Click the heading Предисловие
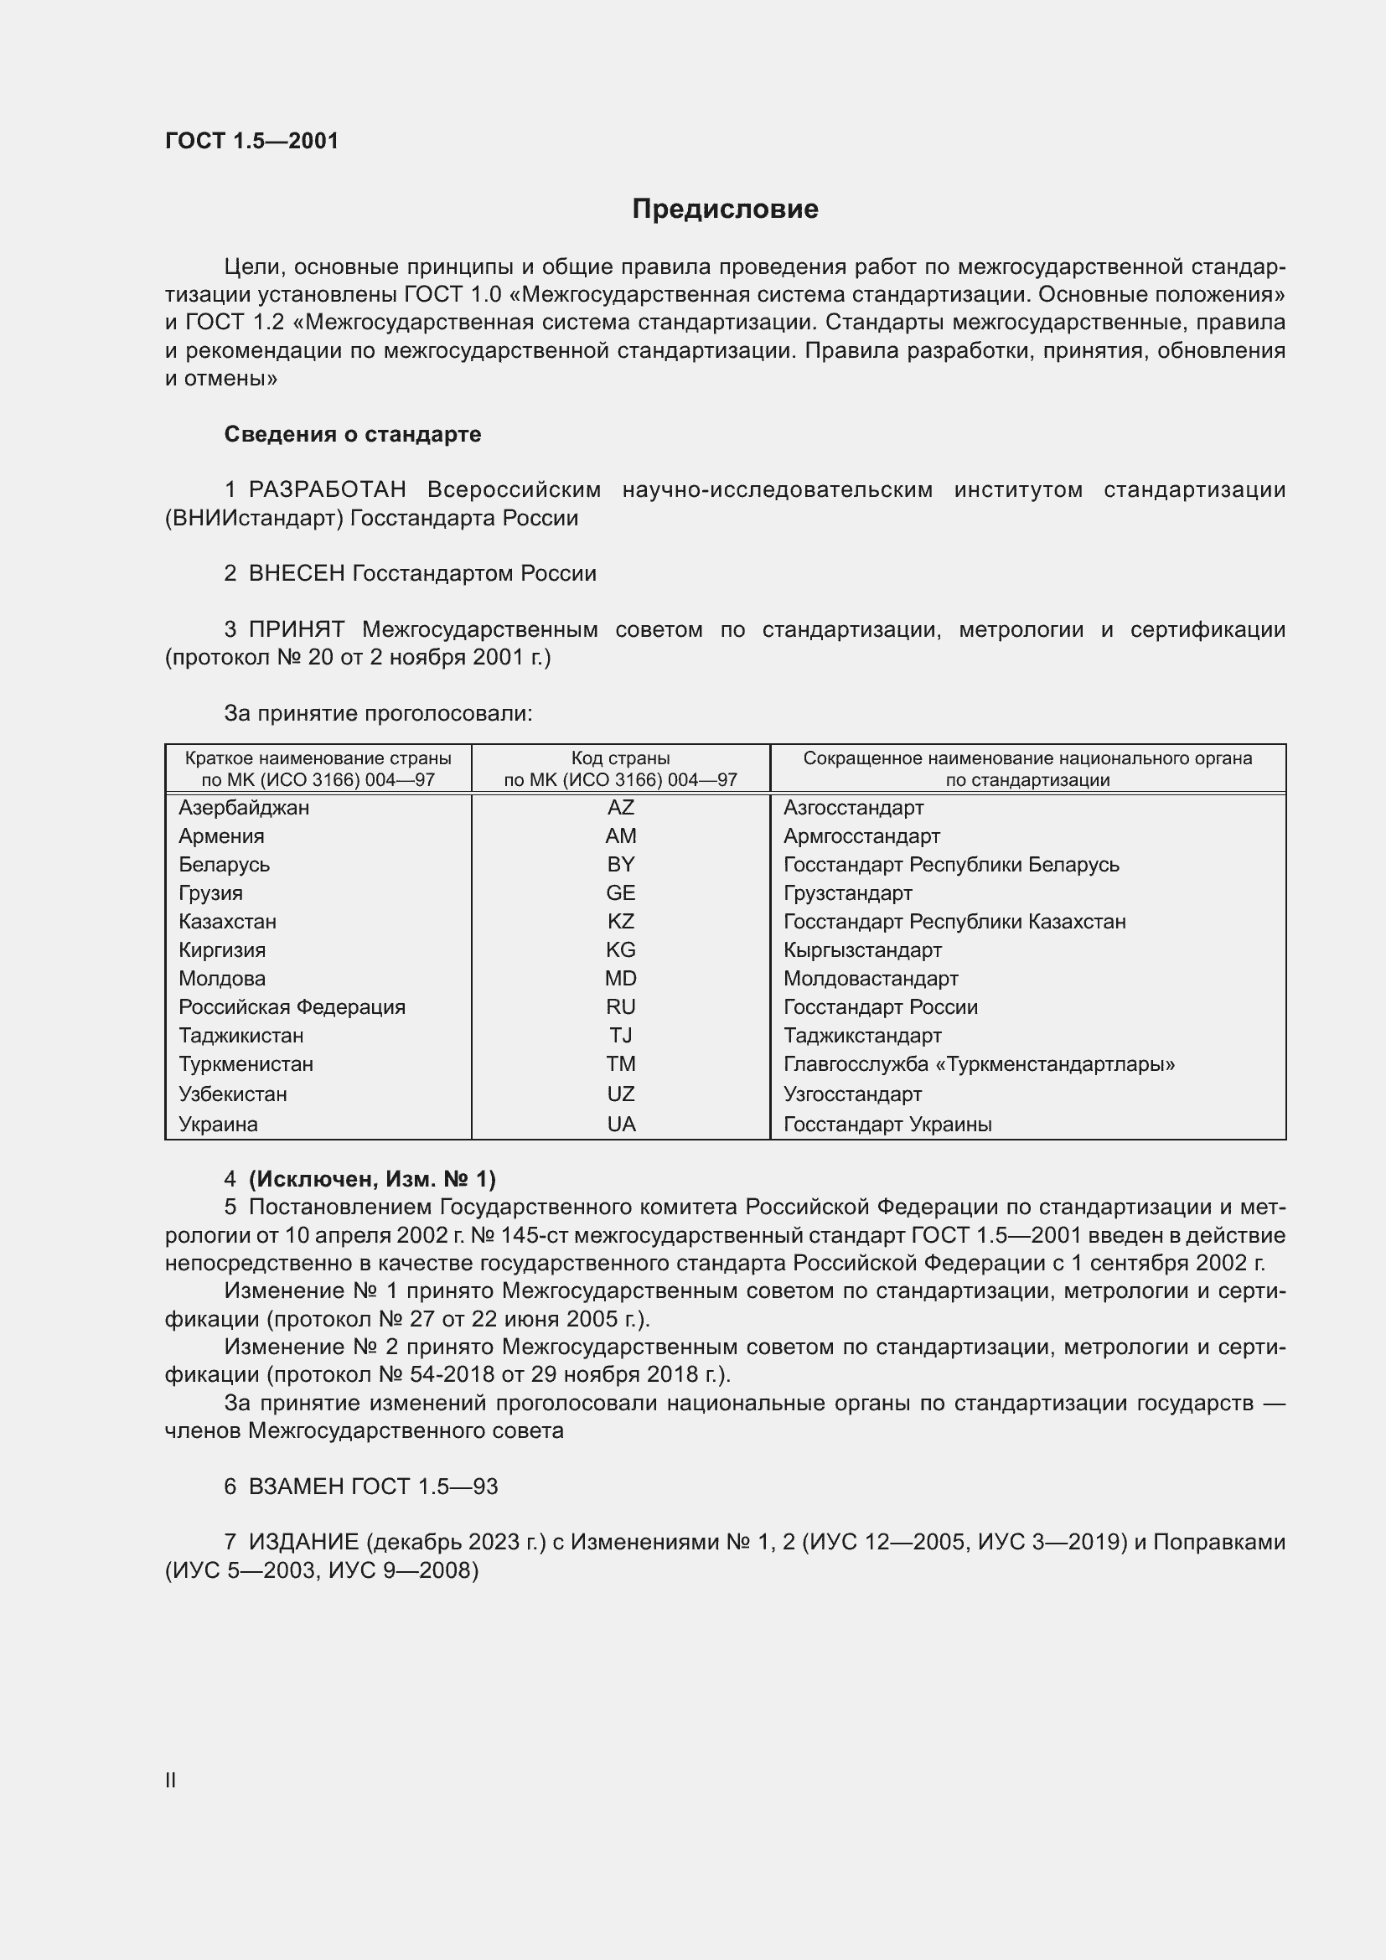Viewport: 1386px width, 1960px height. pyautogui.click(x=725, y=209)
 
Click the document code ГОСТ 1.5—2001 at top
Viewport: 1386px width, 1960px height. pyautogui.click(x=251, y=141)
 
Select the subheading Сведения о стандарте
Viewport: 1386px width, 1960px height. pyautogui.click(x=353, y=435)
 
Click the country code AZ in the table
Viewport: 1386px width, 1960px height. pyautogui.click(x=620, y=808)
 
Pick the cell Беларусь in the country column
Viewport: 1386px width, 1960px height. pyautogui.click(x=225, y=865)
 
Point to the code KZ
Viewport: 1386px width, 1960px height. pyautogui.click(x=620, y=922)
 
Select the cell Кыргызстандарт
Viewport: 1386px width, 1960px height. pyautogui.click(x=862, y=950)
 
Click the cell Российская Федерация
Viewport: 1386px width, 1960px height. pyautogui.click(x=292, y=1007)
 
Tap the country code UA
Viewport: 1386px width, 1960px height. pyautogui.click(x=620, y=1125)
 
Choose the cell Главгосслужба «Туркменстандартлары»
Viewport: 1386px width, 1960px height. pyautogui.click(x=979, y=1064)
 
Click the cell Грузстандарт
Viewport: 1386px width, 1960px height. pyautogui.click(x=847, y=894)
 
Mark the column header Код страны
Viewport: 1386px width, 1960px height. pyautogui.click(x=620, y=758)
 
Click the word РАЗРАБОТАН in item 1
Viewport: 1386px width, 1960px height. pyautogui.click(x=328, y=490)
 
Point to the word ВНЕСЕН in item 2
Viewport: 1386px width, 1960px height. pyautogui.click(x=297, y=574)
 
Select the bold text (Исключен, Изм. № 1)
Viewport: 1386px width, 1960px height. pyautogui.click(x=372, y=1179)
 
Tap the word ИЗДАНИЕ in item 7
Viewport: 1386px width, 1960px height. pyautogui.click(x=304, y=1542)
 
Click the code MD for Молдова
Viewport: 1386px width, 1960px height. pyautogui.click(x=620, y=979)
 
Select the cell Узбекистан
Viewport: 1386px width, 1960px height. pyautogui.click(x=233, y=1094)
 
